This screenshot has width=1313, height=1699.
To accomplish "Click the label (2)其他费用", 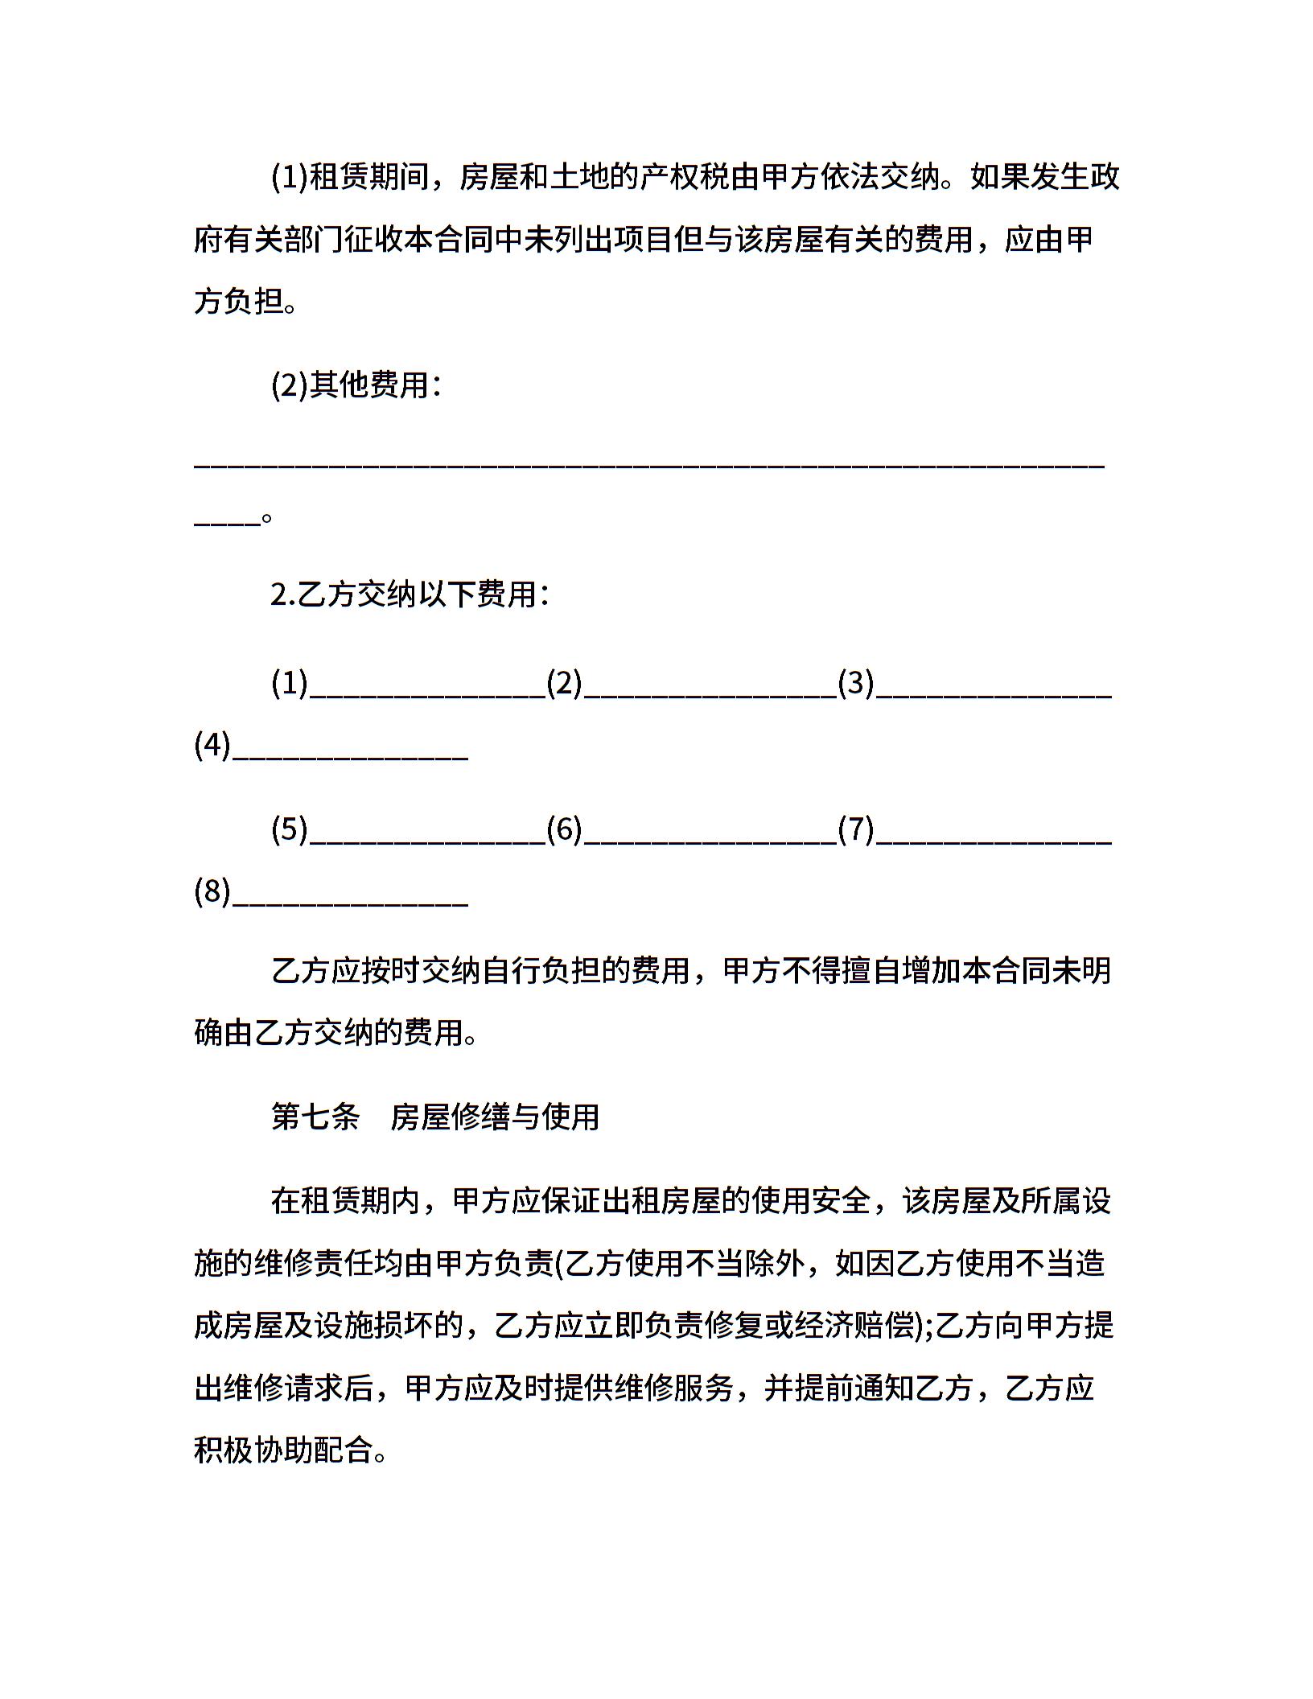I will click(355, 386).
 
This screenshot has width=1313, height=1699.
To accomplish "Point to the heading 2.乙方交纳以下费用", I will click(410, 595).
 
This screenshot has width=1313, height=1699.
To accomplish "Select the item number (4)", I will click(212, 747).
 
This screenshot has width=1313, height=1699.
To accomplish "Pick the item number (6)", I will click(564, 829).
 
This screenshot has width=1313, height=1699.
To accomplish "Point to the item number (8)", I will click(212, 892).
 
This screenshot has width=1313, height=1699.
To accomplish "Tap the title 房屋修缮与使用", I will click(495, 1117).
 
